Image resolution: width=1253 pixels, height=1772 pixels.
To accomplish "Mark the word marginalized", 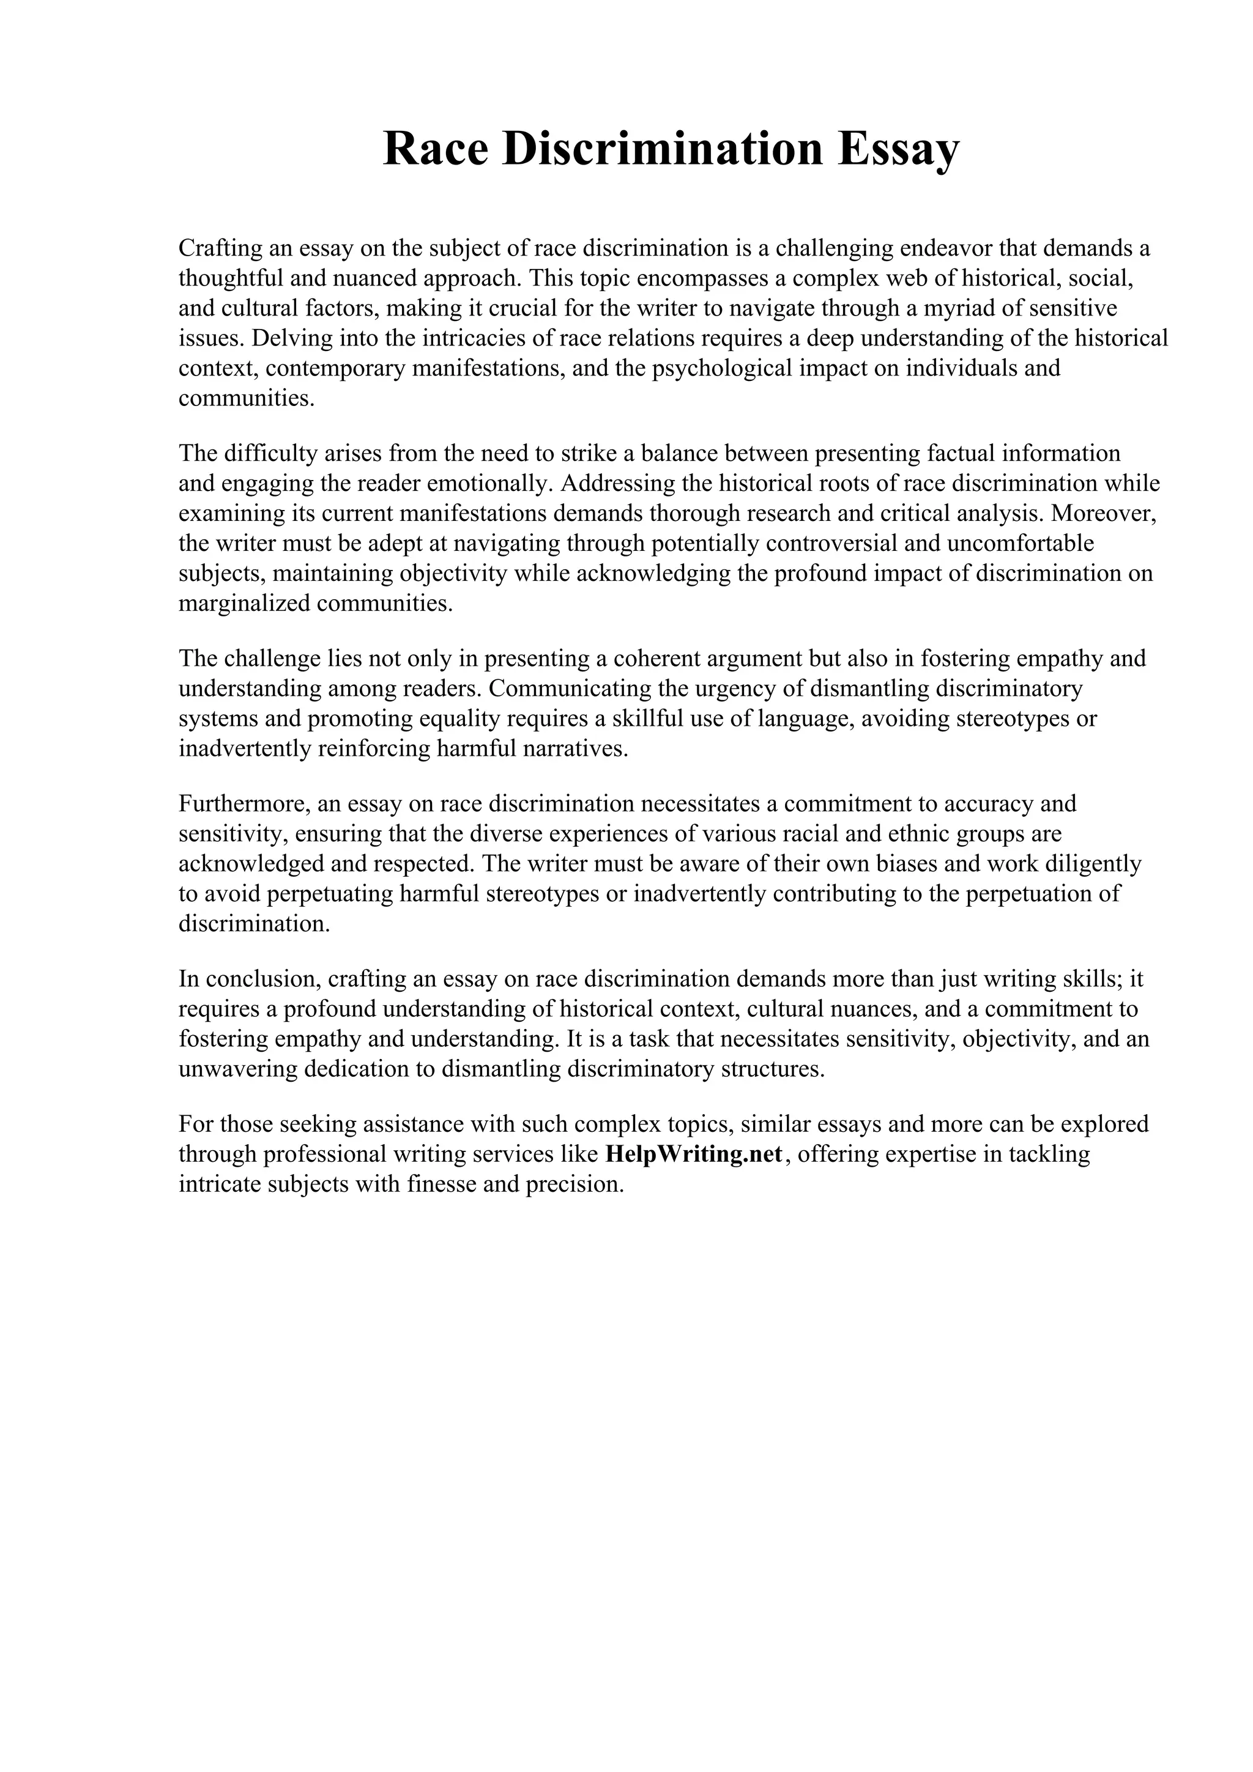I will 244,603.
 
